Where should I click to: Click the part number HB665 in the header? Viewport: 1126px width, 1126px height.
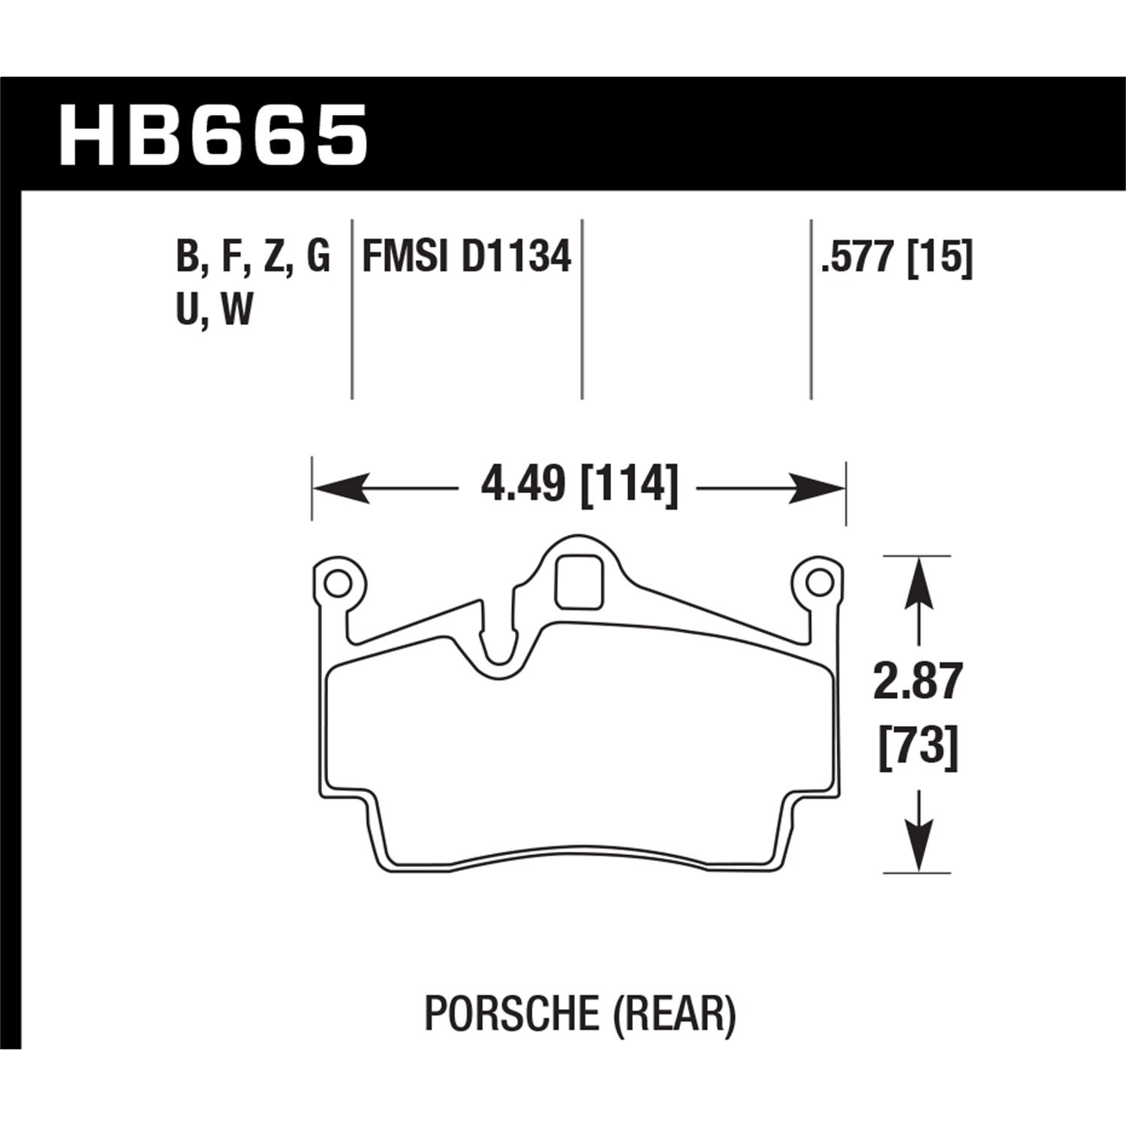[213, 135]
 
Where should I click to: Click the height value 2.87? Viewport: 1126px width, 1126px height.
[917, 682]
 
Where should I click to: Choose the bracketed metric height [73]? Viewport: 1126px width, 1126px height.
[917, 748]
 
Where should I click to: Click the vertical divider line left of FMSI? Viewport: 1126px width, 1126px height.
[352, 308]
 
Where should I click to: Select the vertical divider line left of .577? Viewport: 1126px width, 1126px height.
[811, 308]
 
